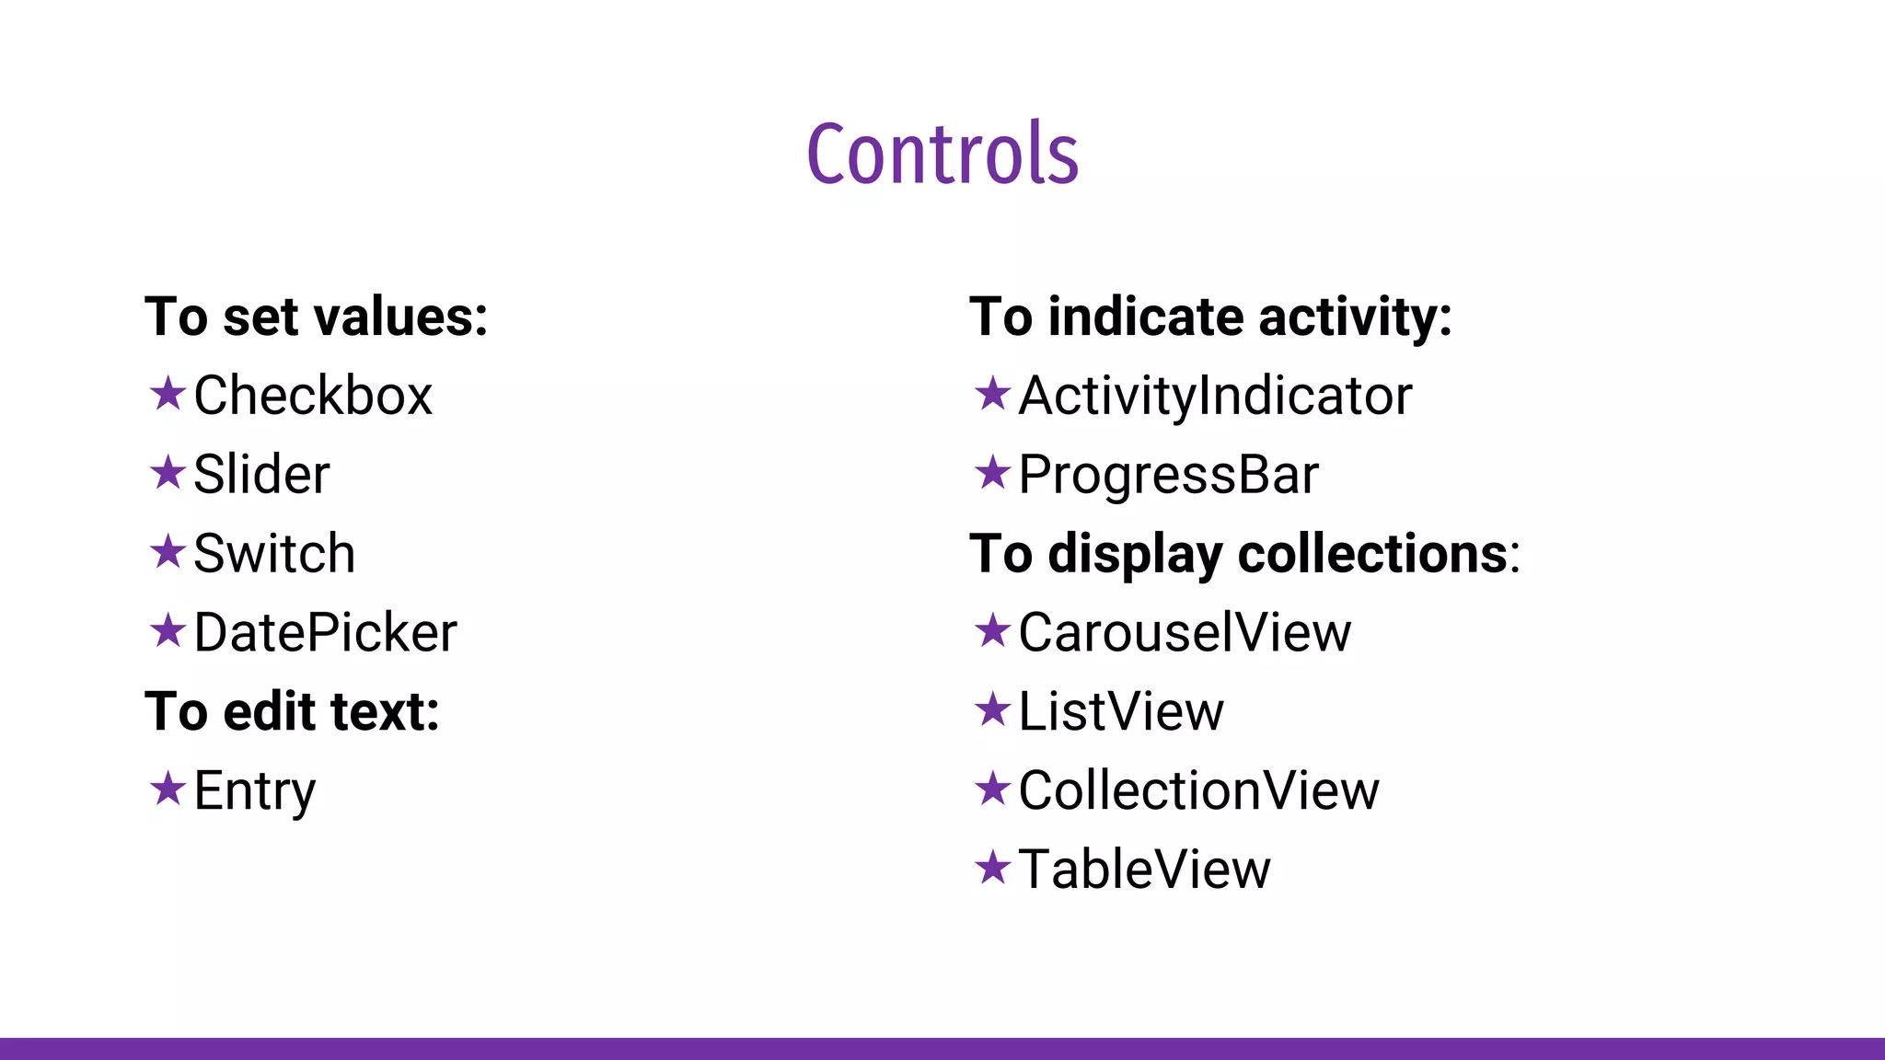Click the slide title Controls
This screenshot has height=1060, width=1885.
coord(942,153)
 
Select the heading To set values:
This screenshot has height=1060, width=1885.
coord(316,317)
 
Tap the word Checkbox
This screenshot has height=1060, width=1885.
coord(313,396)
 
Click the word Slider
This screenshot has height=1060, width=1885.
coord(261,475)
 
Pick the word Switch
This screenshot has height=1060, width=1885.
coord(274,554)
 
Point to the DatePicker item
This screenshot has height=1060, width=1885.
coord(325,633)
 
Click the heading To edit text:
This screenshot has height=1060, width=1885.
coord(292,711)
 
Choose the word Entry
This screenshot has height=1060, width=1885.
coord(254,790)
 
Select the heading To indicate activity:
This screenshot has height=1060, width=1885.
coord(1210,317)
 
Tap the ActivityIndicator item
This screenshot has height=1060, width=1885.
coord(1215,396)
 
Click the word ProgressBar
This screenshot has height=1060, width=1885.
coord(1168,475)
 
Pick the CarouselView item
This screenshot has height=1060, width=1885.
coord(1185,633)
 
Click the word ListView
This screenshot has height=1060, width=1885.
coord(1121,711)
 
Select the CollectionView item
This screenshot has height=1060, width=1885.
coord(1198,790)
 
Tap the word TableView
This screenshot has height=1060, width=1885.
coord(1144,870)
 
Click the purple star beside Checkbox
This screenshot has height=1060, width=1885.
coord(168,394)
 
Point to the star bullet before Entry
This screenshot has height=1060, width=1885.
coord(168,789)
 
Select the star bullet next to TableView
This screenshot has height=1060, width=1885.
coord(992,868)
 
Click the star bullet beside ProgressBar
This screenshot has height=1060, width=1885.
coord(992,473)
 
